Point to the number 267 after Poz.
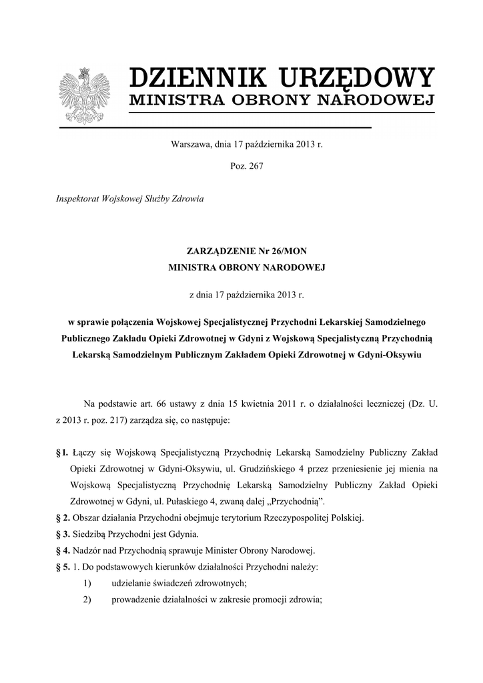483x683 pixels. [256, 166]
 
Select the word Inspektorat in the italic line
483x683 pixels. [79, 199]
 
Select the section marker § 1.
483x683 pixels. [62, 453]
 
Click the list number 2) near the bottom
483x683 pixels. [88, 598]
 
